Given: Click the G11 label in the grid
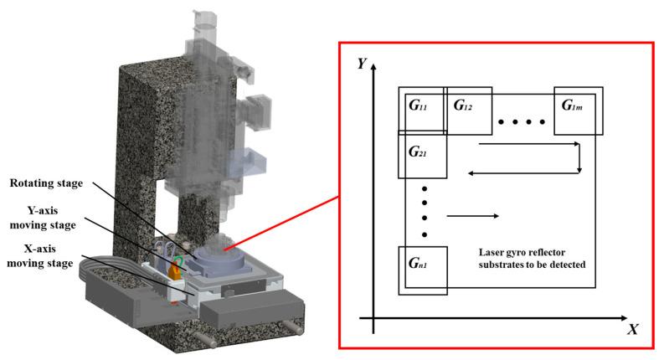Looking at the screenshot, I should point(418,106).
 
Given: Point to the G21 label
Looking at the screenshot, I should point(418,153).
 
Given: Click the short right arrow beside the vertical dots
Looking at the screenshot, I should point(474,217).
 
